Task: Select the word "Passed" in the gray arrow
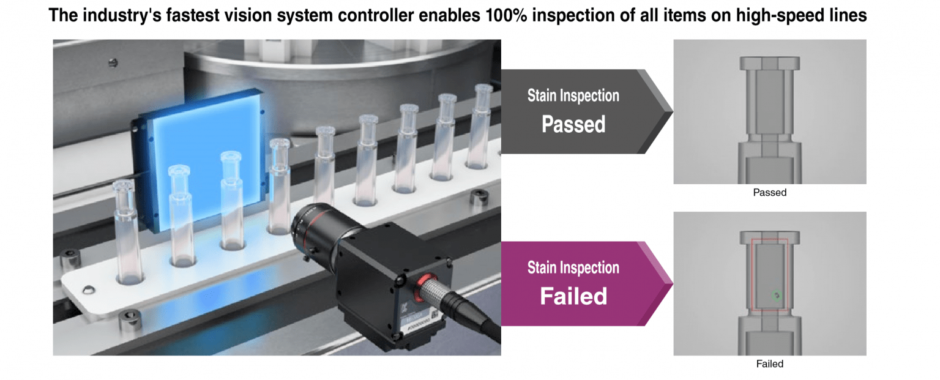click(573, 124)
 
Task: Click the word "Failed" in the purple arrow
click(573, 296)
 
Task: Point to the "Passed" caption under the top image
click(769, 192)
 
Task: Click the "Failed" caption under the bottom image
click(769, 363)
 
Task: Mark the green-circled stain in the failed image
click(777, 296)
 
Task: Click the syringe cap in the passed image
click(769, 63)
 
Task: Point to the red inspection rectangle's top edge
click(769, 239)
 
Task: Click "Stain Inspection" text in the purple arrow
click(573, 268)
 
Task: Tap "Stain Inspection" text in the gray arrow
click(573, 96)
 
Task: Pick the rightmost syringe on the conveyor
click(483, 129)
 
